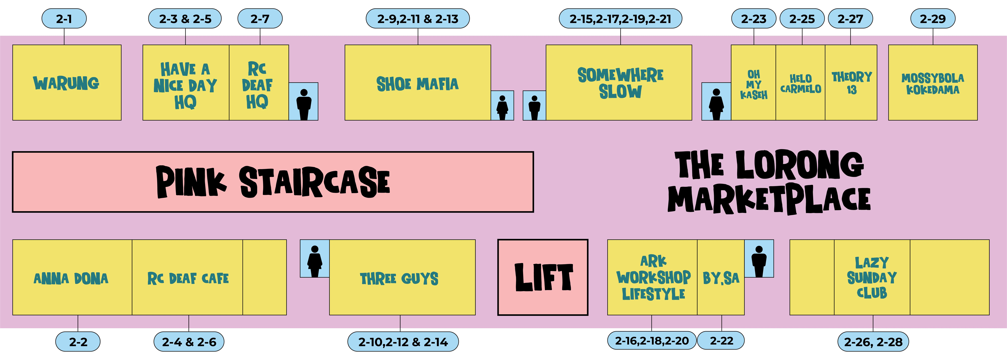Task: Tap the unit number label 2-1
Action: [64, 19]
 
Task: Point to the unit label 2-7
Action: [260, 19]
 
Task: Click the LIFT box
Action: [543, 277]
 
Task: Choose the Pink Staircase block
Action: [273, 182]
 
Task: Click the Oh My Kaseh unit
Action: [753, 84]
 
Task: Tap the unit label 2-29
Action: [933, 19]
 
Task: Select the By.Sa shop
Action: [721, 278]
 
